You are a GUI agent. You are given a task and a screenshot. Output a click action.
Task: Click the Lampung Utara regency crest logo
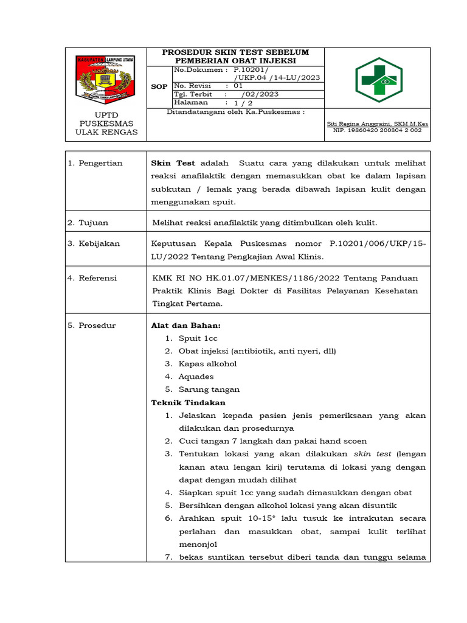tap(106, 80)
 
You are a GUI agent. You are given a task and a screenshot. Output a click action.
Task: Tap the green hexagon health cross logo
tap(378, 80)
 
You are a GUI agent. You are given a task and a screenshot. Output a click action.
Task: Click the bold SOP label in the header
tap(159, 87)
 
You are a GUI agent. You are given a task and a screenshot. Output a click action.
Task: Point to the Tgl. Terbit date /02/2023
tap(260, 94)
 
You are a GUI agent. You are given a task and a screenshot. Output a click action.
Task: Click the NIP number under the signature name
tap(377, 130)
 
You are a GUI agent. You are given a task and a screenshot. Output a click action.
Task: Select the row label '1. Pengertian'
tap(95, 163)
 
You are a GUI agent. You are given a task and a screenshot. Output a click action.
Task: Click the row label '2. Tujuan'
tap(88, 223)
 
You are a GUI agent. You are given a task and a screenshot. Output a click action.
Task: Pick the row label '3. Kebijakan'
tap(94, 243)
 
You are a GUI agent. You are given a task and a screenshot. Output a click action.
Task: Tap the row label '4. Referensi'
tap(92, 278)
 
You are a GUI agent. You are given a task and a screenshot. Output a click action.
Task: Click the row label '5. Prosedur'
tap(91, 325)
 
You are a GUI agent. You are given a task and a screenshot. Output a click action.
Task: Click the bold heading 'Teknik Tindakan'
tap(188, 403)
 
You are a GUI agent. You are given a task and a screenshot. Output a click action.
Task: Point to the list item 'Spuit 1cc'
tap(198, 338)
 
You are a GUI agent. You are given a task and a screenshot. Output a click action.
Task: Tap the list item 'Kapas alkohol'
tap(207, 364)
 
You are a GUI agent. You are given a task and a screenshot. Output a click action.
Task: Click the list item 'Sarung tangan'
tap(209, 389)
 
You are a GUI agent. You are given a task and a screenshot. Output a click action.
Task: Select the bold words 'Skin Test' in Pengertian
tap(173, 163)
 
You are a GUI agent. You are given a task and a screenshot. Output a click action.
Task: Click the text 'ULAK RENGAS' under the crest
tap(106, 132)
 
